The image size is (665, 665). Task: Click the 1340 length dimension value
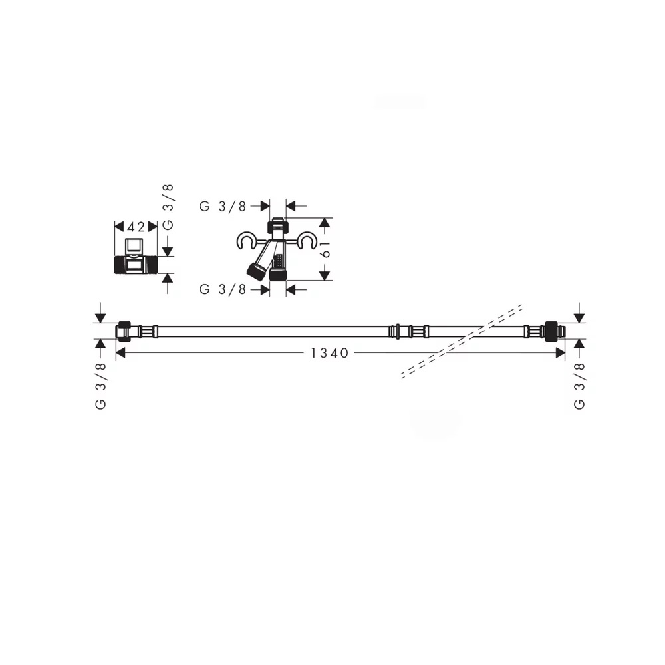coord(330,353)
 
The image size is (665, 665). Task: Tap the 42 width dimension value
coord(136,227)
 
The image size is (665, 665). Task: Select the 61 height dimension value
coord(326,249)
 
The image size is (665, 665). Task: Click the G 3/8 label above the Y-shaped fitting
coord(223,207)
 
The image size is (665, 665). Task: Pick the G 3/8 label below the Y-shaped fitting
coord(223,289)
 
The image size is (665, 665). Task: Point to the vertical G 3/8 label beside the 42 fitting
coord(168,207)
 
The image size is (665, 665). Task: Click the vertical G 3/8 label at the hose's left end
coord(100,386)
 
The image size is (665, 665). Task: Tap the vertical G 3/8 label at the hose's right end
coord(579,386)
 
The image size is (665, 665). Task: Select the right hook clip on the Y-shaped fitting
coord(307,241)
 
